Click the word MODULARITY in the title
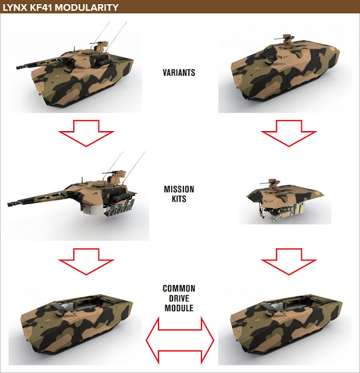(x=87, y=8)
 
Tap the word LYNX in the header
(x=15, y=8)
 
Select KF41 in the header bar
(x=41, y=8)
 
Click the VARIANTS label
(x=179, y=72)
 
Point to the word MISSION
(x=179, y=189)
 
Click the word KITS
(x=179, y=199)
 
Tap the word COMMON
(x=179, y=288)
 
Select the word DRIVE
(x=179, y=298)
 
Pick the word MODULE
(x=179, y=308)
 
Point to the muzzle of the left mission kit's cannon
(x=9, y=204)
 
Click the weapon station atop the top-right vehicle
(x=285, y=40)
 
